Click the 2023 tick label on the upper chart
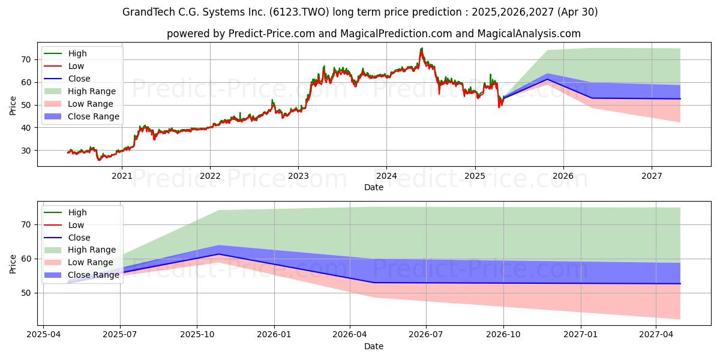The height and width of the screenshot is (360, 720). [x=298, y=175]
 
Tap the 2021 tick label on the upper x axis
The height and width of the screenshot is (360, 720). [x=122, y=175]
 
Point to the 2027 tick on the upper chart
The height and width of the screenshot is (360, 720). [x=652, y=175]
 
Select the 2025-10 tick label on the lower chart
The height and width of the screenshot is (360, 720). [x=197, y=334]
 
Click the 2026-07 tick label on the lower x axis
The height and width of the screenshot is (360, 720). [x=425, y=334]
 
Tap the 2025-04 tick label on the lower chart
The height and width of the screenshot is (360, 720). [x=43, y=334]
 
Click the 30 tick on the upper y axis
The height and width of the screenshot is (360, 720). [x=26, y=151]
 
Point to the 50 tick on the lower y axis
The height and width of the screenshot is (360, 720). [x=26, y=293]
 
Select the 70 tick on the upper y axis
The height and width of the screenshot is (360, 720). [x=26, y=59]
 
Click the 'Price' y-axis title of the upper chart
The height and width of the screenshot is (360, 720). [x=13, y=105]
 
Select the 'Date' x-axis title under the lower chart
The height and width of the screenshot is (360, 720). [x=373, y=346]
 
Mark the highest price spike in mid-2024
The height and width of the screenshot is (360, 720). [x=422, y=48]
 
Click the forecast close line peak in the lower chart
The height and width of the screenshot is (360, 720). [x=219, y=254]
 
